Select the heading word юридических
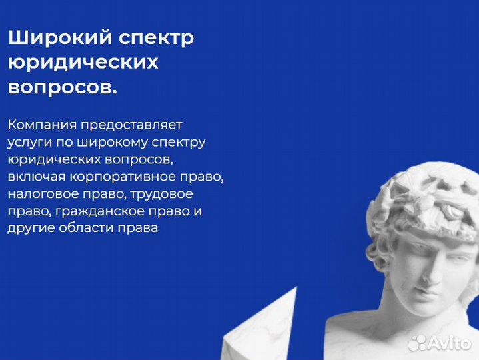point(83,63)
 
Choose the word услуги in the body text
point(28,142)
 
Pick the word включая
point(35,177)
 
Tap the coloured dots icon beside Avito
point(417,342)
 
